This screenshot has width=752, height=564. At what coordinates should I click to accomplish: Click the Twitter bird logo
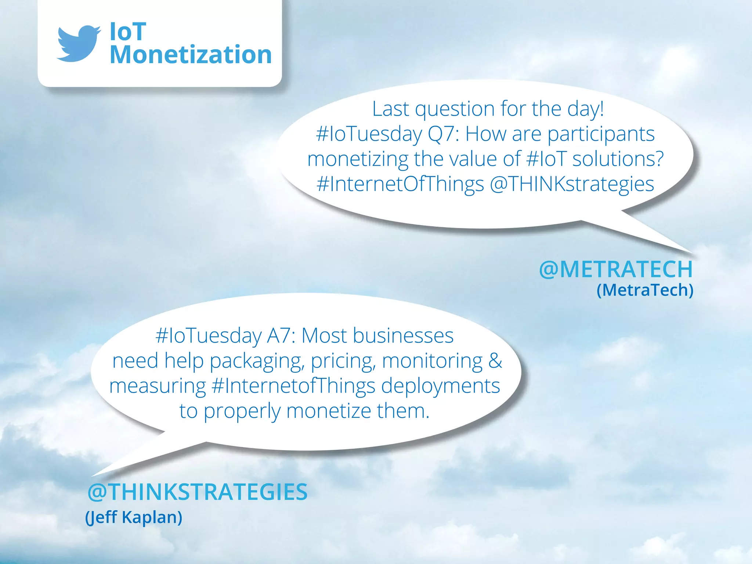pos(78,43)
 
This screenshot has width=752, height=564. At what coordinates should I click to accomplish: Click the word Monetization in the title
pos(191,55)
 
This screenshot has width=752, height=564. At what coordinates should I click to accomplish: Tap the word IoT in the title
pos(128,32)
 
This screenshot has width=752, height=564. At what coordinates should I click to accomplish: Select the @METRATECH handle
pos(616,269)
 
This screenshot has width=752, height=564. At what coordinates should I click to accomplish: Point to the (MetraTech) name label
pos(645,290)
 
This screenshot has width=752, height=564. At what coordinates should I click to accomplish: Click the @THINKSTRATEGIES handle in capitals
pos(198,492)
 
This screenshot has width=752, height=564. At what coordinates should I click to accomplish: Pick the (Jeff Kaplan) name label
pos(134,517)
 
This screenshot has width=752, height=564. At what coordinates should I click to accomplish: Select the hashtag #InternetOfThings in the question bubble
pos(400,184)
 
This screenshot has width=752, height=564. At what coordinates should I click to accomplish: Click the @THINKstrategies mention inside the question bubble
pos(572,184)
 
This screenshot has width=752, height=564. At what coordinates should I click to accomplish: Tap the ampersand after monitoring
pos(495,361)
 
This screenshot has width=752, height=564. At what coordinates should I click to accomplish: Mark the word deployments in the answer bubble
pos(441,386)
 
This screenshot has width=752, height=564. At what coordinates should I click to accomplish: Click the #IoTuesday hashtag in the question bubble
pos(369,134)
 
